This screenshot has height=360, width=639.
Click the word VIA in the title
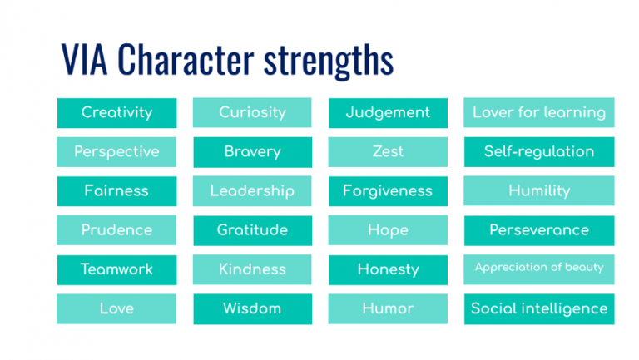(86, 61)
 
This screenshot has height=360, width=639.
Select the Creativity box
(116, 112)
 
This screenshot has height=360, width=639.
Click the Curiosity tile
(252, 112)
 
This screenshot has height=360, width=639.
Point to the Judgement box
(388, 112)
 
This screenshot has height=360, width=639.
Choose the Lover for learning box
(539, 112)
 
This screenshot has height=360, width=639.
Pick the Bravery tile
(252, 152)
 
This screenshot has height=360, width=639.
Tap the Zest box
(388, 152)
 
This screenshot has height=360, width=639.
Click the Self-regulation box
(539, 152)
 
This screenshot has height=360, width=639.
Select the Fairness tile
(116, 191)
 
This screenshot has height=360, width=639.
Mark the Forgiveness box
(388, 191)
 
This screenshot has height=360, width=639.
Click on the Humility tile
(539, 191)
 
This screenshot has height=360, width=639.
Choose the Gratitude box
(252, 230)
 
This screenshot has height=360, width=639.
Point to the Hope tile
(388, 230)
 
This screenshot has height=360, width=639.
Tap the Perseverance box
(539, 230)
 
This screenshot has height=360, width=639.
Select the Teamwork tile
(116, 269)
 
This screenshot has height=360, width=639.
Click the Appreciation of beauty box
(539, 269)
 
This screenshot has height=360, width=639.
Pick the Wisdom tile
(252, 308)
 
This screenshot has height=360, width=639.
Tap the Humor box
(388, 308)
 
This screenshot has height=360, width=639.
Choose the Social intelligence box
(539, 308)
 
